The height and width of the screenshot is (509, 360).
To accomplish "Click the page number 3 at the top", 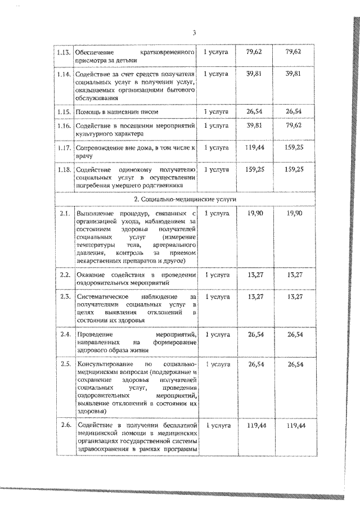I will tap(193, 33).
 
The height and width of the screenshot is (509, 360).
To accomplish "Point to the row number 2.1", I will tap(64, 214).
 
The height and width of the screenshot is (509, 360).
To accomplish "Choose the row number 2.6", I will tap(64, 425).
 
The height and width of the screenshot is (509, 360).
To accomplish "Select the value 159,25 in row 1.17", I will tap(294, 147).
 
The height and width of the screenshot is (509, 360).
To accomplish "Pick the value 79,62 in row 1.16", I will tap(294, 126).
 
